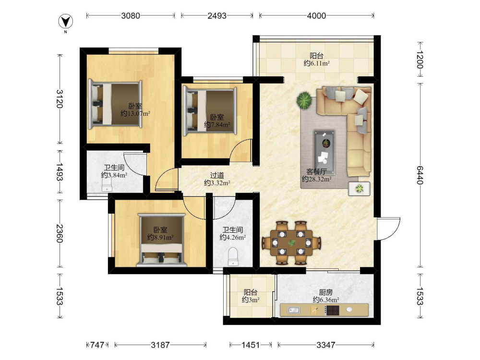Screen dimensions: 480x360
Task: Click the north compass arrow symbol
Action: coord(65,22)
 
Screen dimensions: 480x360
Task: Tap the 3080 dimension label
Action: coord(131,16)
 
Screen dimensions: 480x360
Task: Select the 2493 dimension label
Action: coord(217,16)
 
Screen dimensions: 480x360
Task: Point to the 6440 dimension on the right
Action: coord(420,175)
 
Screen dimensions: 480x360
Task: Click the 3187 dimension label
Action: coord(160,345)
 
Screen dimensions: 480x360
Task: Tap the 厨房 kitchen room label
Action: coord(326,292)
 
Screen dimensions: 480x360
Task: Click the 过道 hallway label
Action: coord(217,175)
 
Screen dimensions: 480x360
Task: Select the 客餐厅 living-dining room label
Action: coord(316,172)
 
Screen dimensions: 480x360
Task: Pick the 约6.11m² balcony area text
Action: coord(316,63)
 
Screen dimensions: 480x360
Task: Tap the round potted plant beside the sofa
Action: coord(304,100)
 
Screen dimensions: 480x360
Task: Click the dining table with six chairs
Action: coord(291,243)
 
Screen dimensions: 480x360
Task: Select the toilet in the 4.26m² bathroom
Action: coord(233,256)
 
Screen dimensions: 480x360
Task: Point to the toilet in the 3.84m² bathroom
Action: coord(107,185)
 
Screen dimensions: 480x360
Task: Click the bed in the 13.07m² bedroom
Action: coord(115,104)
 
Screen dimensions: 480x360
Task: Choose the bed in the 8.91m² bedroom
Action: coord(162,240)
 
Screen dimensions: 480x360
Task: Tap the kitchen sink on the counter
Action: coord(294,310)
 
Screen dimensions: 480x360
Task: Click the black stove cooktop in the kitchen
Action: coord(332,311)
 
